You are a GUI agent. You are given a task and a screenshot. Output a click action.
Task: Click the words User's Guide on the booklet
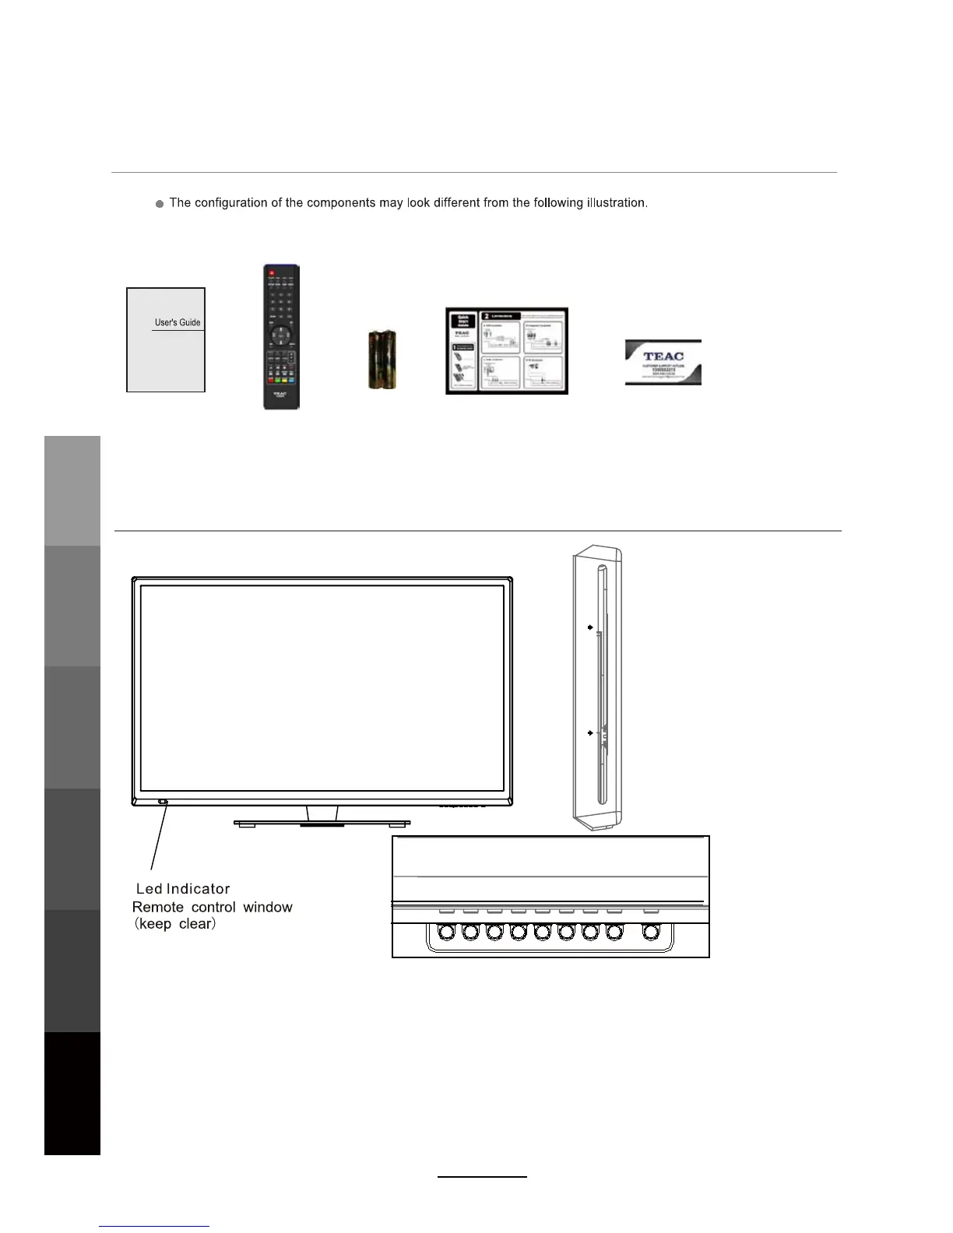pyautogui.click(x=178, y=322)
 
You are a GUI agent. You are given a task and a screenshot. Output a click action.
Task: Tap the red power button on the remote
pyautogui.click(x=272, y=274)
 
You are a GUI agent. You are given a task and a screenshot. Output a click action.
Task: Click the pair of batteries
pyautogui.click(x=382, y=359)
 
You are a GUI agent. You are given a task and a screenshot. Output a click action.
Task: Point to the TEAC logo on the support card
pyautogui.click(x=663, y=357)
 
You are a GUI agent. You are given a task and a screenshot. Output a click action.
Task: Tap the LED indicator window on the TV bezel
pyautogui.click(x=162, y=802)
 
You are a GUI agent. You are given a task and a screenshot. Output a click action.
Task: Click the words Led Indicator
pyautogui.click(x=183, y=889)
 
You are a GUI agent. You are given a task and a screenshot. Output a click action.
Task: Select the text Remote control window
pyautogui.click(x=213, y=907)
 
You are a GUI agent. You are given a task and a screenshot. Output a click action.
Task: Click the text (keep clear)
pyautogui.click(x=174, y=924)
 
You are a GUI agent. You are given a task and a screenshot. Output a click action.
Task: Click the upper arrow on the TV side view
pyautogui.click(x=590, y=627)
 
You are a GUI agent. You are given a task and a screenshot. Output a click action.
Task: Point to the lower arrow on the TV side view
pyautogui.click(x=590, y=732)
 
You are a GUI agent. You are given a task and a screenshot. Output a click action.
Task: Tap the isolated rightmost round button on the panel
pyautogui.click(x=652, y=932)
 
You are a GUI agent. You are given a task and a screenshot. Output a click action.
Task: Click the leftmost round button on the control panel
pyautogui.click(x=447, y=932)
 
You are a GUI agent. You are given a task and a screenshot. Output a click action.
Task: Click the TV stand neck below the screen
pyautogui.click(x=322, y=813)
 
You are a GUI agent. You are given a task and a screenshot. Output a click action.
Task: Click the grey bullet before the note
pyautogui.click(x=160, y=204)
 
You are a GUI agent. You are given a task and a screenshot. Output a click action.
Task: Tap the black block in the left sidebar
pyautogui.click(x=72, y=1093)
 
